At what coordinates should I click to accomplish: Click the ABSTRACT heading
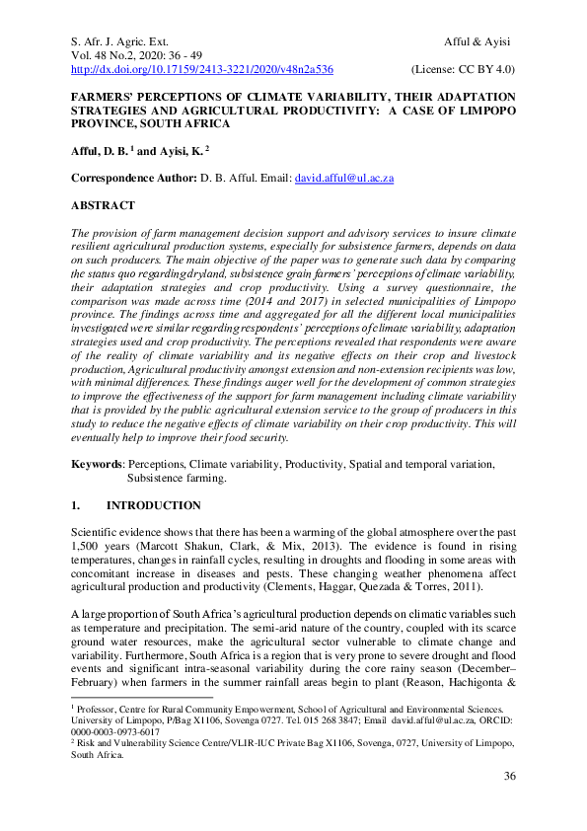103,205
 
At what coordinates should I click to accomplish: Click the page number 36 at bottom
509,803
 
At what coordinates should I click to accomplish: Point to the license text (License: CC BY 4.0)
463,69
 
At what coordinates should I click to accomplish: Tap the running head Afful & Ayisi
477,39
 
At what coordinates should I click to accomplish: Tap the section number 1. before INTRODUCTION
75,504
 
